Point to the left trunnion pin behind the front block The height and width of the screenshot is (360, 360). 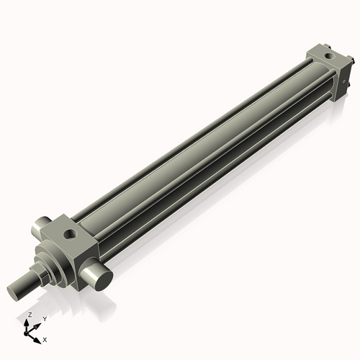tap(40, 230)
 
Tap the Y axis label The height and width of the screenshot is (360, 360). tap(45, 318)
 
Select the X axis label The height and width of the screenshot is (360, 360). tap(45, 338)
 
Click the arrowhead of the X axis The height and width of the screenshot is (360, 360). tap(39, 337)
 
